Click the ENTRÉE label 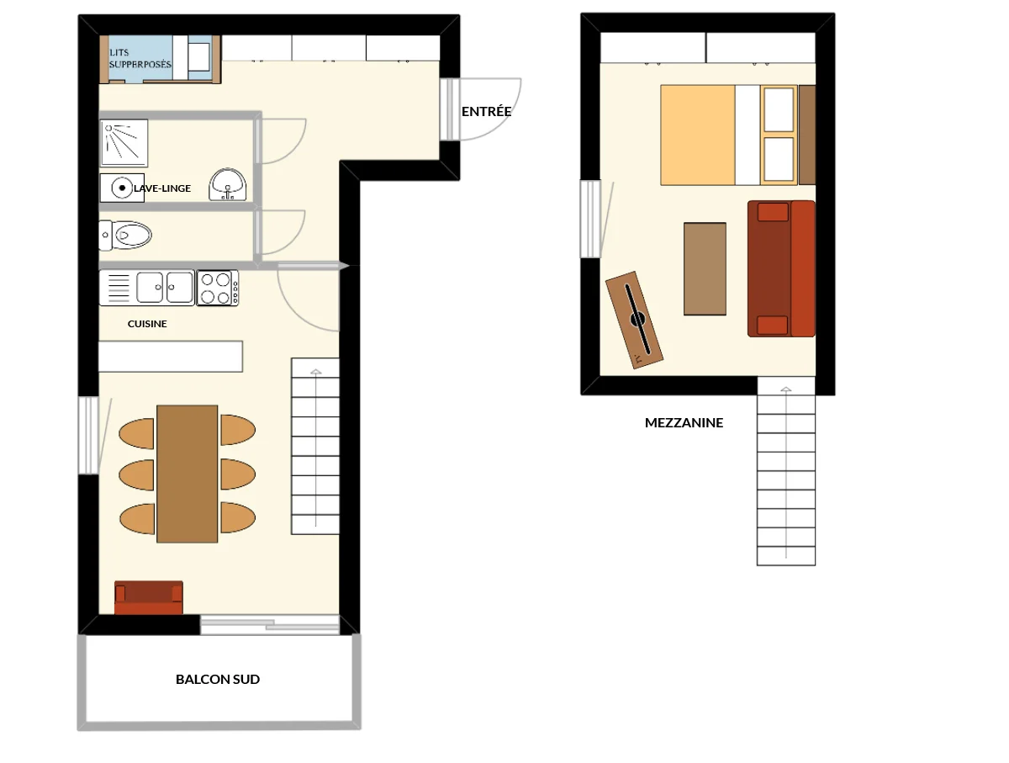tap(486, 111)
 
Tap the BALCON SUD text tap(218, 679)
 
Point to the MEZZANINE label tap(684, 422)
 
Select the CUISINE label tap(147, 324)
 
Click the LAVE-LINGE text tap(161, 188)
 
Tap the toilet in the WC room tap(125, 235)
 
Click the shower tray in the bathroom tap(124, 142)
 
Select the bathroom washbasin tap(228, 185)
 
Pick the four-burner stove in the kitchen tap(218, 288)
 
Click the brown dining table tap(188, 474)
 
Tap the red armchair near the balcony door tap(149, 597)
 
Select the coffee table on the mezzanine tap(705, 269)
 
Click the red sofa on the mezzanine tap(781, 268)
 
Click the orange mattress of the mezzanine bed tap(697, 135)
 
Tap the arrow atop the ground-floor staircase tap(316, 372)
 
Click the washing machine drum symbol tap(122, 188)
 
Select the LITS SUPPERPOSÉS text tap(140, 58)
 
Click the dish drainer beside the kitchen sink tap(119, 288)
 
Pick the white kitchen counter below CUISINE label tap(171, 357)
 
